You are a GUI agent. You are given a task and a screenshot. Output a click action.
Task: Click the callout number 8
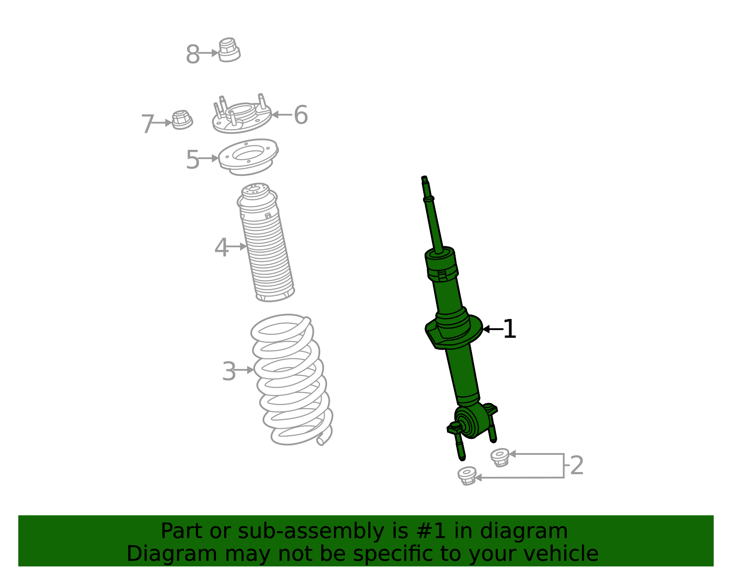point(193,55)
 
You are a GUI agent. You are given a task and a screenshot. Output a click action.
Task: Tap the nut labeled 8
point(229,50)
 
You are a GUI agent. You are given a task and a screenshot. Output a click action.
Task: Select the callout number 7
point(147,124)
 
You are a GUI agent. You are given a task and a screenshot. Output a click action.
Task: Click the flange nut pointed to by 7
point(182,120)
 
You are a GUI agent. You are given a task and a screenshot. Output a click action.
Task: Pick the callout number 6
point(301,115)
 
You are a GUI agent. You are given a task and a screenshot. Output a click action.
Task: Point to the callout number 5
point(193,160)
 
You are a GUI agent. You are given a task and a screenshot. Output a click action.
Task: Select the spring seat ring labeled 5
point(248,157)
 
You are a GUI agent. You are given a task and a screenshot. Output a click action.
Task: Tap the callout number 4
point(221,248)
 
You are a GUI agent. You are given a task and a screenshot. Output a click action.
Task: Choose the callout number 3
point(229,371)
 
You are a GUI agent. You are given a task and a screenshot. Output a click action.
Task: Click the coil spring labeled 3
point(292,379)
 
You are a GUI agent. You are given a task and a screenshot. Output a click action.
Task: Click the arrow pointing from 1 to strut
point(492,329)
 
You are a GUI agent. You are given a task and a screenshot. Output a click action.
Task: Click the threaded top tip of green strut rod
point(425,179)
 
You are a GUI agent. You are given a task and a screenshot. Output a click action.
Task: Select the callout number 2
point(577,465)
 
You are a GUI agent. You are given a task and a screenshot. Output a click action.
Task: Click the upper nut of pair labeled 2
point(500,457)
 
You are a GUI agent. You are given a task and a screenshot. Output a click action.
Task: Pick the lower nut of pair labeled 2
point(467,476)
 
